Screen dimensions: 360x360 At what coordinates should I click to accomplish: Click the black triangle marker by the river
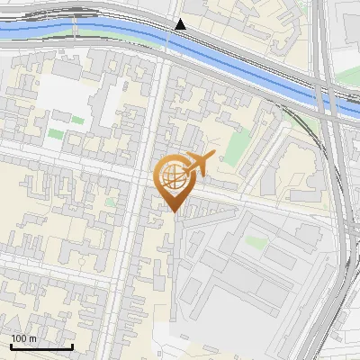pyautogui.click(x=180, y=24)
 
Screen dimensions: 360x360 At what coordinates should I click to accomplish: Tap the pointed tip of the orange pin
pyautogui.click(x=175, y=211)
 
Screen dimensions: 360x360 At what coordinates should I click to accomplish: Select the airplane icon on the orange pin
pyautogui.click(x=197, y=164)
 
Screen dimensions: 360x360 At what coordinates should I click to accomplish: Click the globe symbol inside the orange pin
pyautogui.click(x=174, y=177)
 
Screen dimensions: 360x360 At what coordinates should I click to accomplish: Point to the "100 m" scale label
pyautogui.click(x=24, y=338)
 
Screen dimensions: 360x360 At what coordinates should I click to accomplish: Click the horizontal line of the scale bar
pyautogui.click(x=41, y=347)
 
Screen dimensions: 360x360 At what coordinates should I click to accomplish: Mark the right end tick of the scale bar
pyautogui.click(x=72, y=346)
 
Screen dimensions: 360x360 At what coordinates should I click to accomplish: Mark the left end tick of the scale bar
pyautogui.click(x=11, y=346)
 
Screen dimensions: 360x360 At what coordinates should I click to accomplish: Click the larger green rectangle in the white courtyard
pyautogui.click(x=57, y=134)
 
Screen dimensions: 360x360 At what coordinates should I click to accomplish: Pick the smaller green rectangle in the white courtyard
pyautogui.click(x=77, y=120)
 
